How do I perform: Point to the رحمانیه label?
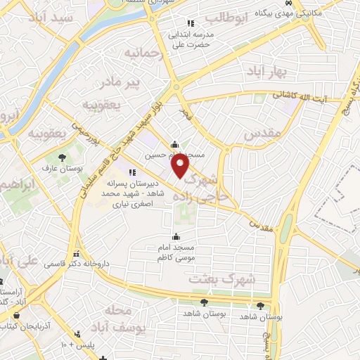(x=143, y=53)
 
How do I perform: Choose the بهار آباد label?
(x=262, y=72)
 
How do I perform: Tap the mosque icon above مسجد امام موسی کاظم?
(x=176, y=236)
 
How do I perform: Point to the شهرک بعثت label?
(x=224, y=279)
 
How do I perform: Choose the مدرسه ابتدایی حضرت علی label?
(x=188, y=39)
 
